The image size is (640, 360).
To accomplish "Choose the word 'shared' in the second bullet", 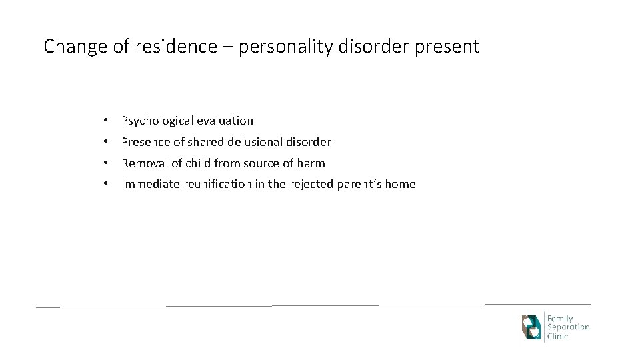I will click(x=208, y=143).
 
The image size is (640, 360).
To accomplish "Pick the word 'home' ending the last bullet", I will click(x=400, y=185).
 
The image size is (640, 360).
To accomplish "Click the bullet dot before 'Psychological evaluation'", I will click(x=106, y=121).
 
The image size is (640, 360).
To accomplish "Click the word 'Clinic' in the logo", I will click(x=559, y=337).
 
